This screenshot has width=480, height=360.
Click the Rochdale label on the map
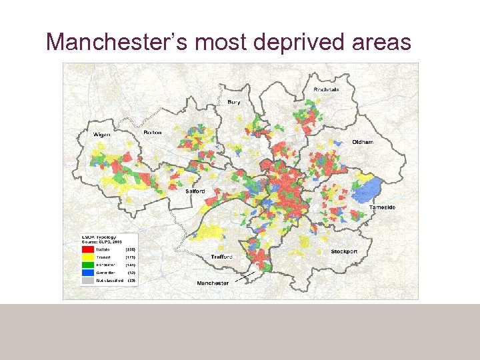click(327, 90)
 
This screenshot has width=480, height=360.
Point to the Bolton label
click(153, 133)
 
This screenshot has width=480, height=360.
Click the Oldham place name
click(363, 142)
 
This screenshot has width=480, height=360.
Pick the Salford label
click(195, 191)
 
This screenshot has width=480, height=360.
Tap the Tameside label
click(382, 207)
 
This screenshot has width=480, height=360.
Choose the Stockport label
click(344, 251)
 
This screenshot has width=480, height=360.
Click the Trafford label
click(221, 256)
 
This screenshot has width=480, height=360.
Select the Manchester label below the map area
click(213, 283)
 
